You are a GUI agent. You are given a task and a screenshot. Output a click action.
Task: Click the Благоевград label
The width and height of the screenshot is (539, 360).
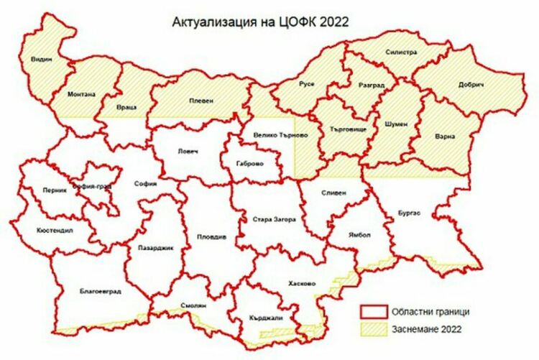(x=100, y=292)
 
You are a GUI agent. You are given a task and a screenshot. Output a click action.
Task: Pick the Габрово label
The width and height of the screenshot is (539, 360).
(x=249, y=164)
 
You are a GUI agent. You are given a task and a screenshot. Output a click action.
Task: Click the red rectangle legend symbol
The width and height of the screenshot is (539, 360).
(x=373, y=311)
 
